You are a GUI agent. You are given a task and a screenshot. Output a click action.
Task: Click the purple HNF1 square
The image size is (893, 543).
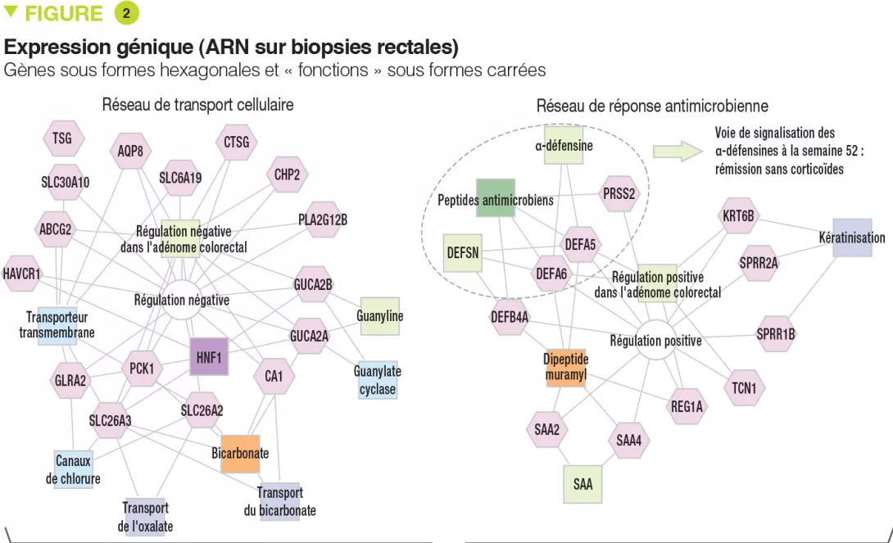(209, 356)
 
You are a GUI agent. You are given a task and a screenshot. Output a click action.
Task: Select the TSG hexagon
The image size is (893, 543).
(62, 138)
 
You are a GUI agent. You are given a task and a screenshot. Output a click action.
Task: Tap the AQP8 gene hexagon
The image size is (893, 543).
(129, 152)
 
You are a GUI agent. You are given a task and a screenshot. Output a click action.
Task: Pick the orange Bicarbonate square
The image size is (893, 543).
(240, 453)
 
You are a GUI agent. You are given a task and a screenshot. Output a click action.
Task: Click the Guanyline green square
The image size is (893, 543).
(379, 316)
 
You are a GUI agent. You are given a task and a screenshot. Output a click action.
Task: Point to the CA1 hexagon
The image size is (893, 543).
(274, 377)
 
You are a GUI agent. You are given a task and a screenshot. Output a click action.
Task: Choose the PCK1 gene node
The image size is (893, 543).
(142, 369)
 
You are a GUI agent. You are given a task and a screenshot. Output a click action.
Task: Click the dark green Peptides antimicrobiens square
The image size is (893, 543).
(495, 199)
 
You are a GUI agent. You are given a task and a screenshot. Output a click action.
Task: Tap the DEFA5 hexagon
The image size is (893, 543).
(580, 243)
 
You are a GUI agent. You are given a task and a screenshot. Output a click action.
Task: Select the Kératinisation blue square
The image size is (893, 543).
(852, 238)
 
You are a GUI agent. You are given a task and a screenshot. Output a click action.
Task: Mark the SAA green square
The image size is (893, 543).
(582, 484)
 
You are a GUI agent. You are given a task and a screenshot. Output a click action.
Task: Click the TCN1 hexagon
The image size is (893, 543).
(745, 387)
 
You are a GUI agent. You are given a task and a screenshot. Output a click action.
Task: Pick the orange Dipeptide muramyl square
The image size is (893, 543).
(566, 367)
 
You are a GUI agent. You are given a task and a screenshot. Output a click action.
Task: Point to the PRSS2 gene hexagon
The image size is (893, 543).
(619, 194)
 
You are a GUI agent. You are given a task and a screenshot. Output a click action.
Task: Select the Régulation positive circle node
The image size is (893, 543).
(655, 341)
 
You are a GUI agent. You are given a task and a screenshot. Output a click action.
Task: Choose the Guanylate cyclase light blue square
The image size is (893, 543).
(378, 380)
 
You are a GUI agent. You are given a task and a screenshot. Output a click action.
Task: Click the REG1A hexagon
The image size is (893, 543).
(687, 406)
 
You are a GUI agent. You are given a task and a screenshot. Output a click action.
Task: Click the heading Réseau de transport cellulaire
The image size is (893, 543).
(197, 105)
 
